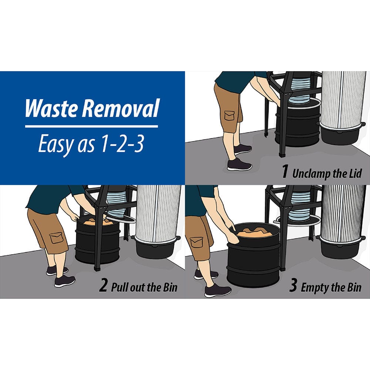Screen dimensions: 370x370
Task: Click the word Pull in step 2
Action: [119, 287]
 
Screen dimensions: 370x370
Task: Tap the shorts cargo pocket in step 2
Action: [56, 237]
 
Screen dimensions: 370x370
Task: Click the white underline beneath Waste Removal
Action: [91, 126]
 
